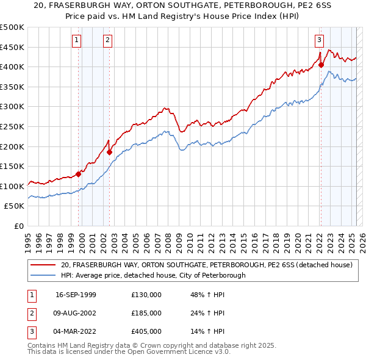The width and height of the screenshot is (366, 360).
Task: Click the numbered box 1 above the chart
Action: [77, 41]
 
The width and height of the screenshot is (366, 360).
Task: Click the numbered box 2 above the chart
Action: [107, 41]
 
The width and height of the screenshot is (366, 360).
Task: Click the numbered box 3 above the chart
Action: [319, 41]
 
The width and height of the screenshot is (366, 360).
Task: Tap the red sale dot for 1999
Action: [79, 174]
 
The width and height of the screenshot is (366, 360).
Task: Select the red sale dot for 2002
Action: [109, 152]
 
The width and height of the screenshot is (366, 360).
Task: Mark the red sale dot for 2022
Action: [321, 65]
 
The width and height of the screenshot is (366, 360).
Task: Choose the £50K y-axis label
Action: [14, 206]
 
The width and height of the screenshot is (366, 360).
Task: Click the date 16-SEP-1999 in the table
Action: [76, 295]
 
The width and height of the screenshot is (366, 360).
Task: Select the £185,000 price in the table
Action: [146, 313]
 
